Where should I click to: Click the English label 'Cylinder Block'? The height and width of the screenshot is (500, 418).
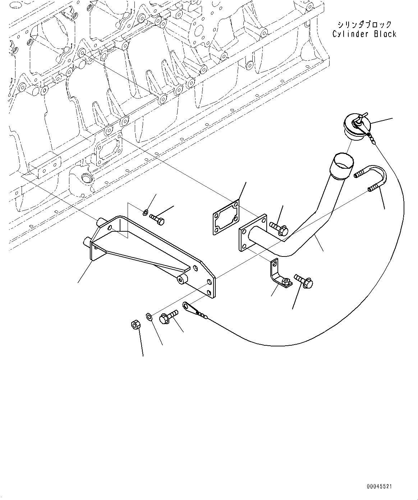coord(364,34)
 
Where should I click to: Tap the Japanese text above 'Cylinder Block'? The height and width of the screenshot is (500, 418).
coord(364,24)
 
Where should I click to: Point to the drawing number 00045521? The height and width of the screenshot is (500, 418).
coord(379,486)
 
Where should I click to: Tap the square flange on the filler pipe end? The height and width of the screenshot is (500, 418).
coord(252,232)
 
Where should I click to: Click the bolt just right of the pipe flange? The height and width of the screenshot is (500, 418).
coord(279,229)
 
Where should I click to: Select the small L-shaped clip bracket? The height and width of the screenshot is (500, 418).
coord(279,275)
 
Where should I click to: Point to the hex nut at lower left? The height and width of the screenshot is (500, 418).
coord(135,326)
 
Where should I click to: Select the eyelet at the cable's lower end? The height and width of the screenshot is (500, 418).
coord(187,306)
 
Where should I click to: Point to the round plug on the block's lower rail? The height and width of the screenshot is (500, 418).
coord(86,178)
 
